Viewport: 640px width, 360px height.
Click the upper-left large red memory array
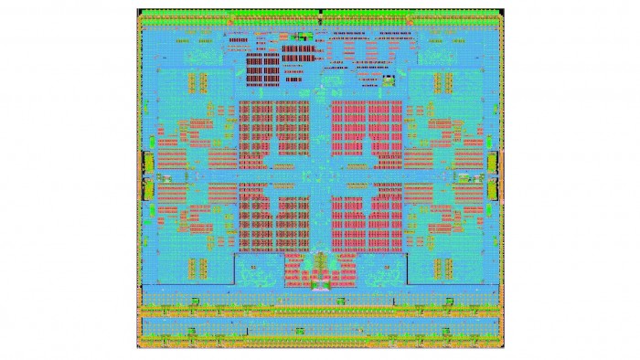(273, 133)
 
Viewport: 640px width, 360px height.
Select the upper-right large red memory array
(366, 133)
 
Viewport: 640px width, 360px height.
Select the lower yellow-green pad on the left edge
(144, 188)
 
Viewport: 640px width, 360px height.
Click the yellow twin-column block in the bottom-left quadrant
(193, 268)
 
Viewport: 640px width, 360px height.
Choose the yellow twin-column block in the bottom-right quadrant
(446, 268)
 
